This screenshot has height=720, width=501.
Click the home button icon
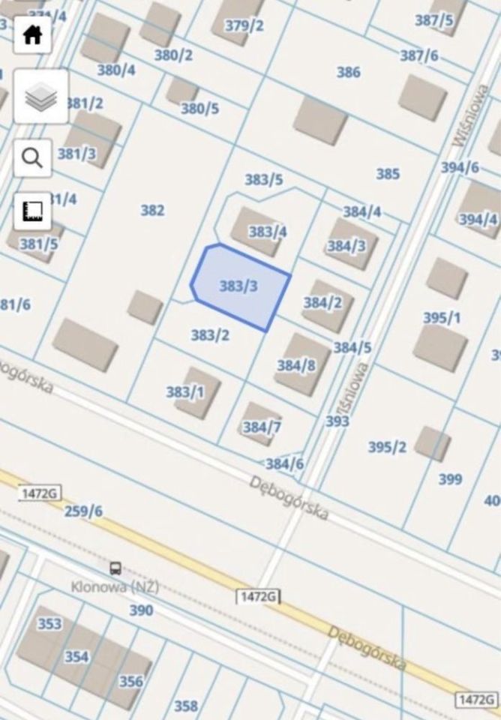32,35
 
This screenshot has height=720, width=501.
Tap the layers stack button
40,97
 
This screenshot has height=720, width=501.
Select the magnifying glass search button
32,158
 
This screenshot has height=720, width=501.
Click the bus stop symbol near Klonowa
115,568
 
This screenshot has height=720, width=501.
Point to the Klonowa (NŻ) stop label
115,587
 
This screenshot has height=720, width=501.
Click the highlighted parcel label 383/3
238,286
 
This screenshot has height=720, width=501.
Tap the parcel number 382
152,210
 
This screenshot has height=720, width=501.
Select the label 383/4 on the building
268,232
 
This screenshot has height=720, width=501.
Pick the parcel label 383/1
184,392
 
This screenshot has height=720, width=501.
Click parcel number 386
348,72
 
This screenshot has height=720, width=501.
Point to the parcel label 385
388,174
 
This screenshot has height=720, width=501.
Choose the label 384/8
296,365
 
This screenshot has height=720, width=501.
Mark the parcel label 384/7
262,427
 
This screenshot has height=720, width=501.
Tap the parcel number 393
337,421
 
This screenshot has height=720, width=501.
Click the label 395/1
442,318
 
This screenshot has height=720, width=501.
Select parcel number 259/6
83,511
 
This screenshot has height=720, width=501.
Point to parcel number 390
141,610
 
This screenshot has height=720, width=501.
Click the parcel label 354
76,657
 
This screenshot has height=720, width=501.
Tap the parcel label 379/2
244,25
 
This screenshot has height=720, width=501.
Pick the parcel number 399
450,478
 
